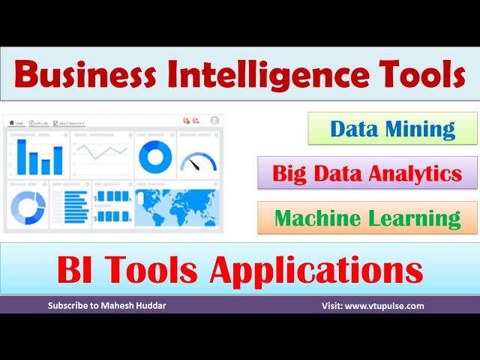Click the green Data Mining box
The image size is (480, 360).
pos(392,128)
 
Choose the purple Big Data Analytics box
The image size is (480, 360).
pos(367,173)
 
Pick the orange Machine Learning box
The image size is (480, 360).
pos(367,217)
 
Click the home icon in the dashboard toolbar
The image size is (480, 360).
pos(11,122)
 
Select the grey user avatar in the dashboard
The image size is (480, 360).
pos(214,120)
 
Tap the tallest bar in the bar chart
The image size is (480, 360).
pos(22,157)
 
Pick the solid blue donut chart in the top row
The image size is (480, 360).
pos(154,156)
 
